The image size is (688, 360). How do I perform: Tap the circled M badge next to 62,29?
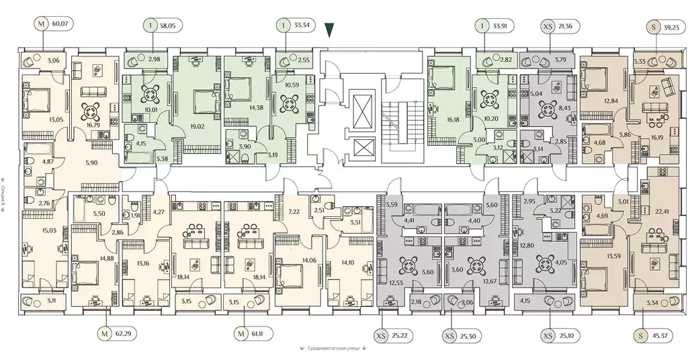tap(104, 332)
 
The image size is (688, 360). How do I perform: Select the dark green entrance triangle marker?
tap(328, 30)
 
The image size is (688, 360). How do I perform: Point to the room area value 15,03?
tap(31, 230)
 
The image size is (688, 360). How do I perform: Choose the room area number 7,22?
tap(293, 211)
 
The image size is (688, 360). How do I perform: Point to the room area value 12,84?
tap(591, 101)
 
